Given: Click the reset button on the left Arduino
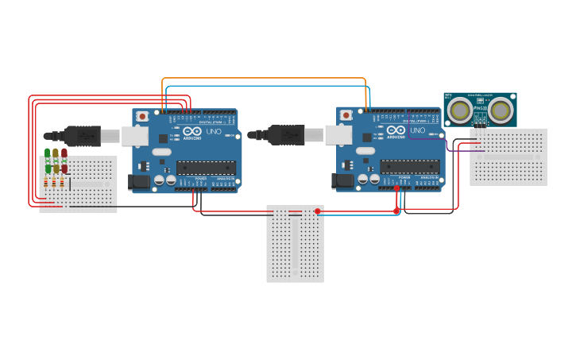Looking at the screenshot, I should (142, 116).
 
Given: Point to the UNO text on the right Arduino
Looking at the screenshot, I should (417, 130).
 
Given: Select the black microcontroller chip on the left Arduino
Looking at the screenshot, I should (206, 167).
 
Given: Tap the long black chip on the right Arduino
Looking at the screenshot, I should (409, 166).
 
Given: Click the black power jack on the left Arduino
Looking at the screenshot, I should (139, 182).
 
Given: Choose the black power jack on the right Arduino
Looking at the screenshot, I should (343, 181).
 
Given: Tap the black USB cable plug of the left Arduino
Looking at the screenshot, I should (81, 136).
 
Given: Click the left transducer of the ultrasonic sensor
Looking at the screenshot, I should (459, 110).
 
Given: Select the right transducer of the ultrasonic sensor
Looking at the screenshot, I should (501, 110).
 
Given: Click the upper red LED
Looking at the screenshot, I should (64, 153).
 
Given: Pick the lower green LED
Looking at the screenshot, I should (48, 168).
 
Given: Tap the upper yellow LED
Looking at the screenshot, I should (56, 153).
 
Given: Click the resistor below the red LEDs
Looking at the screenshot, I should (64, 183).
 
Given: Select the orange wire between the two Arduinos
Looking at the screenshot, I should (262, 79).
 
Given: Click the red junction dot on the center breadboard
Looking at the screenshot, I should (317, 211).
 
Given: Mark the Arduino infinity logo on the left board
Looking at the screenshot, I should (192, 131).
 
